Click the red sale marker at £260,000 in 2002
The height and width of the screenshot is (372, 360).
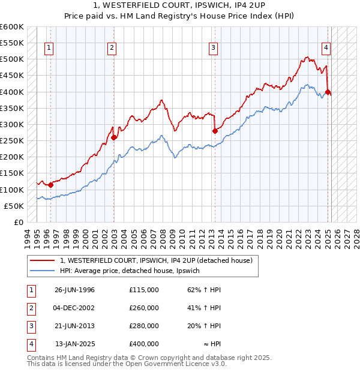point(113,137)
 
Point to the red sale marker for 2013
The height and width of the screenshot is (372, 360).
point(214,131)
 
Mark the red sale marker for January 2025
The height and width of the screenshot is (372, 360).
point(328,92)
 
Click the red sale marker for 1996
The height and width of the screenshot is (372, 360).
point(51,185)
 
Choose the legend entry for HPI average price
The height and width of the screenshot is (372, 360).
point(133,271)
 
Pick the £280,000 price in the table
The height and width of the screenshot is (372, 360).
point(144,326)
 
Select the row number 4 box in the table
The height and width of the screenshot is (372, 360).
point(30,344)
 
